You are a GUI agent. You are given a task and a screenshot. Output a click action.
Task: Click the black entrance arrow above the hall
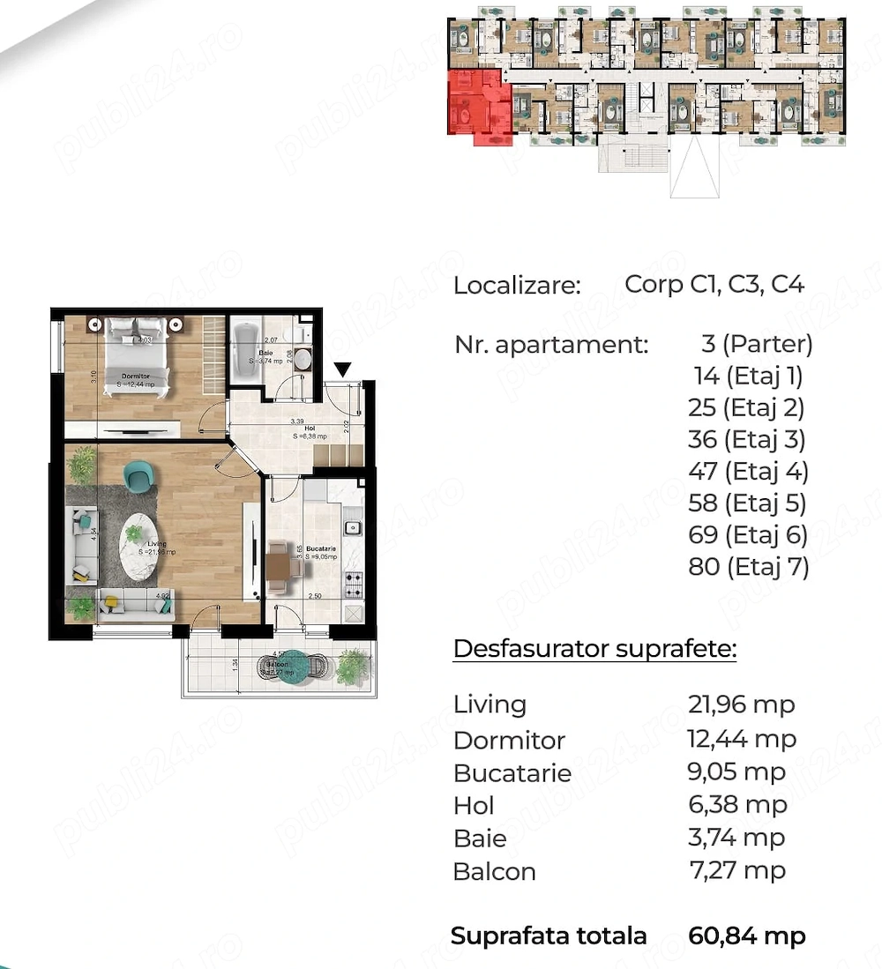(343, 369)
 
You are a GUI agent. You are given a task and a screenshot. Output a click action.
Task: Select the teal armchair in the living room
(138, 477)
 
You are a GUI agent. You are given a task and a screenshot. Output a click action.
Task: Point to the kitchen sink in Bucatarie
(350, 528)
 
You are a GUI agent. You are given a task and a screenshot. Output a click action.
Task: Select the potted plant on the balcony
(353, 665)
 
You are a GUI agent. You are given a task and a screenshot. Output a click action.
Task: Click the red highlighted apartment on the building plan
(479, 106)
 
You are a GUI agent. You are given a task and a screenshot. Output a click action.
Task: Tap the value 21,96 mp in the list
(741, 704)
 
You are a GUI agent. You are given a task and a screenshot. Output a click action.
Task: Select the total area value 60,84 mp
(746, 935)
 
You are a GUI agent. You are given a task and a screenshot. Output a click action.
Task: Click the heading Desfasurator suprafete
(594, 649)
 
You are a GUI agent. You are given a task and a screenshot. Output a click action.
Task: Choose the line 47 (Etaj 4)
(747, 471)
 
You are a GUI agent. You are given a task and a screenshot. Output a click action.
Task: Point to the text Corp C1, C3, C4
(714, 284)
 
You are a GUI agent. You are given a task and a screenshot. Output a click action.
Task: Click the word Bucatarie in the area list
(512, 773)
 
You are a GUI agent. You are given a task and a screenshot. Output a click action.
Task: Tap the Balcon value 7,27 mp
(736, 870)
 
